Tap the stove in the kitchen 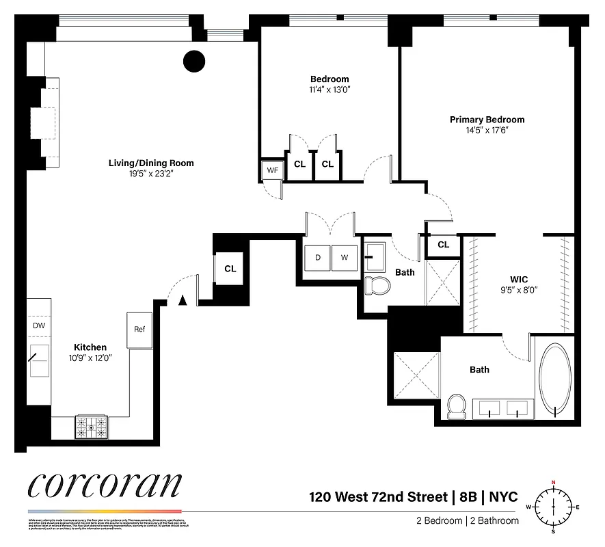click(x=91, y=427)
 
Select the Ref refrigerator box click(x=139, y=329)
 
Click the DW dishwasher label click(x=39, y=325)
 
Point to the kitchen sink click(x=38, y=360)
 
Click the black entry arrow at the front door click(x=182, y=299)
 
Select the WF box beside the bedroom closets click(x=271, y=170)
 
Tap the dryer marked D click(x=317, y=258)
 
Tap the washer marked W click(x=344, y=258)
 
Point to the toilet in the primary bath click(x=456, y=406)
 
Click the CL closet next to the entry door click(x=230, y=269)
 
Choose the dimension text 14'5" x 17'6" click(x=487, y=130)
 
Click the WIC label click(x=520, y=279)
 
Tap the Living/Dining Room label click(x=151, y=163)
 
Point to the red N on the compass click(x=553, y=483)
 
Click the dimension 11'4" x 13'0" click(x=330, y=90)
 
